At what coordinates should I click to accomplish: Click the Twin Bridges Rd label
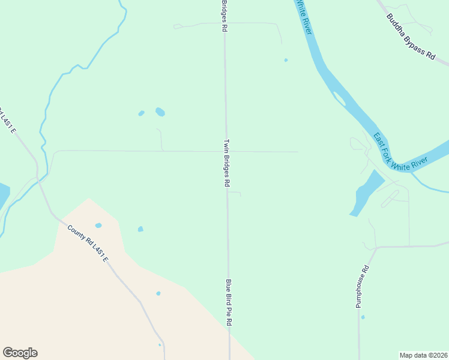tap(227, 164)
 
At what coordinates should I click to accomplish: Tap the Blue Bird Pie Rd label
tap(229, 302)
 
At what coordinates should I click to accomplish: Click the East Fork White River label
tap(399, 152)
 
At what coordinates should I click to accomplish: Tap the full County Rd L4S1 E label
tap(88, 244)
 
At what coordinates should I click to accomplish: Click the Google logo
tap(20, 353)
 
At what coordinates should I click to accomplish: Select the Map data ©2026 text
tap(423, 355)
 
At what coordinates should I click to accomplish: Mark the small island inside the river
tap(339, 98)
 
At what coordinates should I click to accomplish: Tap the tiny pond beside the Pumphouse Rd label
tap(363, 317)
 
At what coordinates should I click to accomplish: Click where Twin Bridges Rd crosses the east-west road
tap(226, 152)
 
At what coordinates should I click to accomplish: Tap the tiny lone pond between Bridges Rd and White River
tap(286, 60)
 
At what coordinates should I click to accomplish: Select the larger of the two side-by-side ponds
tap(160, 112)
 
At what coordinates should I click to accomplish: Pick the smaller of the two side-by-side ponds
tap(141, 113)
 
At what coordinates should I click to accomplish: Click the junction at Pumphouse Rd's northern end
tap(376, 247)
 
